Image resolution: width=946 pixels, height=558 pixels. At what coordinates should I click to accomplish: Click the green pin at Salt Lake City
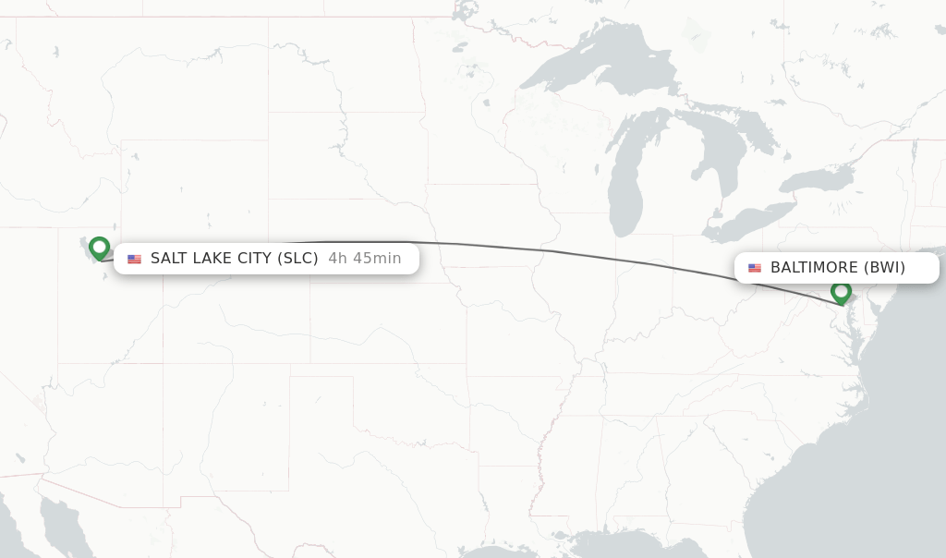point(99,248)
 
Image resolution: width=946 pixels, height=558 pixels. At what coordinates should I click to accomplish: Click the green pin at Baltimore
point(841,292)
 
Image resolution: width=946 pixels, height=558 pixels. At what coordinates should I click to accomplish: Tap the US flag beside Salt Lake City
point(134,259)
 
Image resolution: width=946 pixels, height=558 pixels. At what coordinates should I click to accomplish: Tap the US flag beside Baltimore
point(755,268)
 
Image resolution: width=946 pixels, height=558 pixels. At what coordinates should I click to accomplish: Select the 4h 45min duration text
point(364,259)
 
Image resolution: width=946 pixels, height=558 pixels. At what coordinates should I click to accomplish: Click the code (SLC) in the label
point(297,259)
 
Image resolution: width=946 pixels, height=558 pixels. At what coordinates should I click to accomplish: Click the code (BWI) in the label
point(884,268)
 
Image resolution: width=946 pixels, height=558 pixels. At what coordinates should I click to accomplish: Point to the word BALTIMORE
point(814,268)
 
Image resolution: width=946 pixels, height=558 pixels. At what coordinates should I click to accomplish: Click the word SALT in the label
point(169,259)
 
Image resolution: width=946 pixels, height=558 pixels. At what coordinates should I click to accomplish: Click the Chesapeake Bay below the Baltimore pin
point(854,333)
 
